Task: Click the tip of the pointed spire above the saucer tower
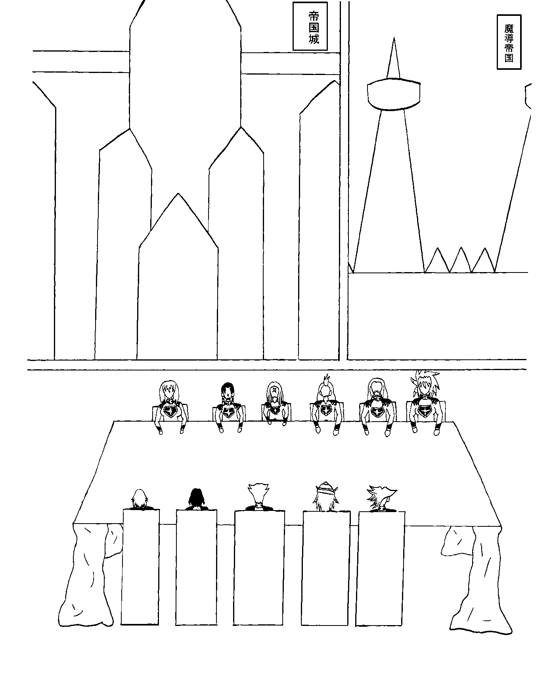tap(394, 38)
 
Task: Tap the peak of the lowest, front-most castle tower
tap(178, 194)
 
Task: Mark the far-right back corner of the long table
tap(454, 422)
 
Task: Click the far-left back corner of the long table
tap(114, 421)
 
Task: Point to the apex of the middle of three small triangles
tap(461, 248)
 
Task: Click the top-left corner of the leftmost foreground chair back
tap(123, 510)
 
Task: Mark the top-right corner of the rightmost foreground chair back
tap(405, 512)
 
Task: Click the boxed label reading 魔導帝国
tap(509, 42)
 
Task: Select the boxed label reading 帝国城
tap(310, 26)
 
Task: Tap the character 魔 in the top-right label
tap(509, 28)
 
